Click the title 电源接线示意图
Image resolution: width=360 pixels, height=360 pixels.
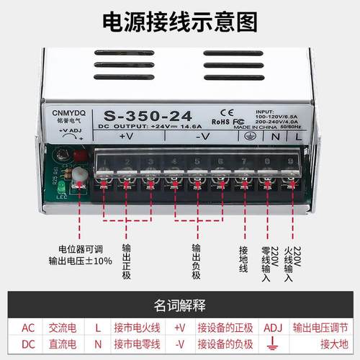179,22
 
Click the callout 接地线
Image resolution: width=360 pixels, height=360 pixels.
243,258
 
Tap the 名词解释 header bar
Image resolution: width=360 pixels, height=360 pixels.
179,302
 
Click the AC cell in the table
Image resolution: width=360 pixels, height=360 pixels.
28,328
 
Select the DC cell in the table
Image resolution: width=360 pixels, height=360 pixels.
28,344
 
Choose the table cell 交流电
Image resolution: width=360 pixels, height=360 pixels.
68,328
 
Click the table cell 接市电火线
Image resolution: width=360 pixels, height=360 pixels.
138,328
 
